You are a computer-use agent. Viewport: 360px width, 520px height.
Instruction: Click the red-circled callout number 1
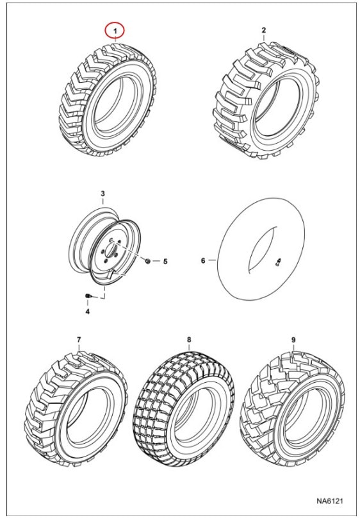(115, 31)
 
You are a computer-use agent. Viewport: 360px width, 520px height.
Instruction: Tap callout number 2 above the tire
(264, 30)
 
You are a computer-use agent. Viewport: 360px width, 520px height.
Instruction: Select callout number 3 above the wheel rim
(102, 194)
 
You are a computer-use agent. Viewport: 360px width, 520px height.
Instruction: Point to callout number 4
(87, 312)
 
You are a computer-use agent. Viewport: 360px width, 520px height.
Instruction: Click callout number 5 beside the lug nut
(165, 262)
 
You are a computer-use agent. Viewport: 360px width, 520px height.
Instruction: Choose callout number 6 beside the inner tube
(203, 261)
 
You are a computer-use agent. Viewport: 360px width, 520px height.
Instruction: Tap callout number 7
(79, 340)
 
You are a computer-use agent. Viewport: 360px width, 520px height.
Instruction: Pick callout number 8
(189, 340)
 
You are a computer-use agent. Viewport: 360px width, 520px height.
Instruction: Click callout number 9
(293, 340)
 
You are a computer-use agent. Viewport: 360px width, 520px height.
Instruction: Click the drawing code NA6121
(329, 500)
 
